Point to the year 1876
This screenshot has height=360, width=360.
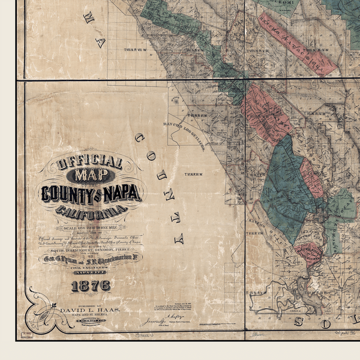coord(90,286)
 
